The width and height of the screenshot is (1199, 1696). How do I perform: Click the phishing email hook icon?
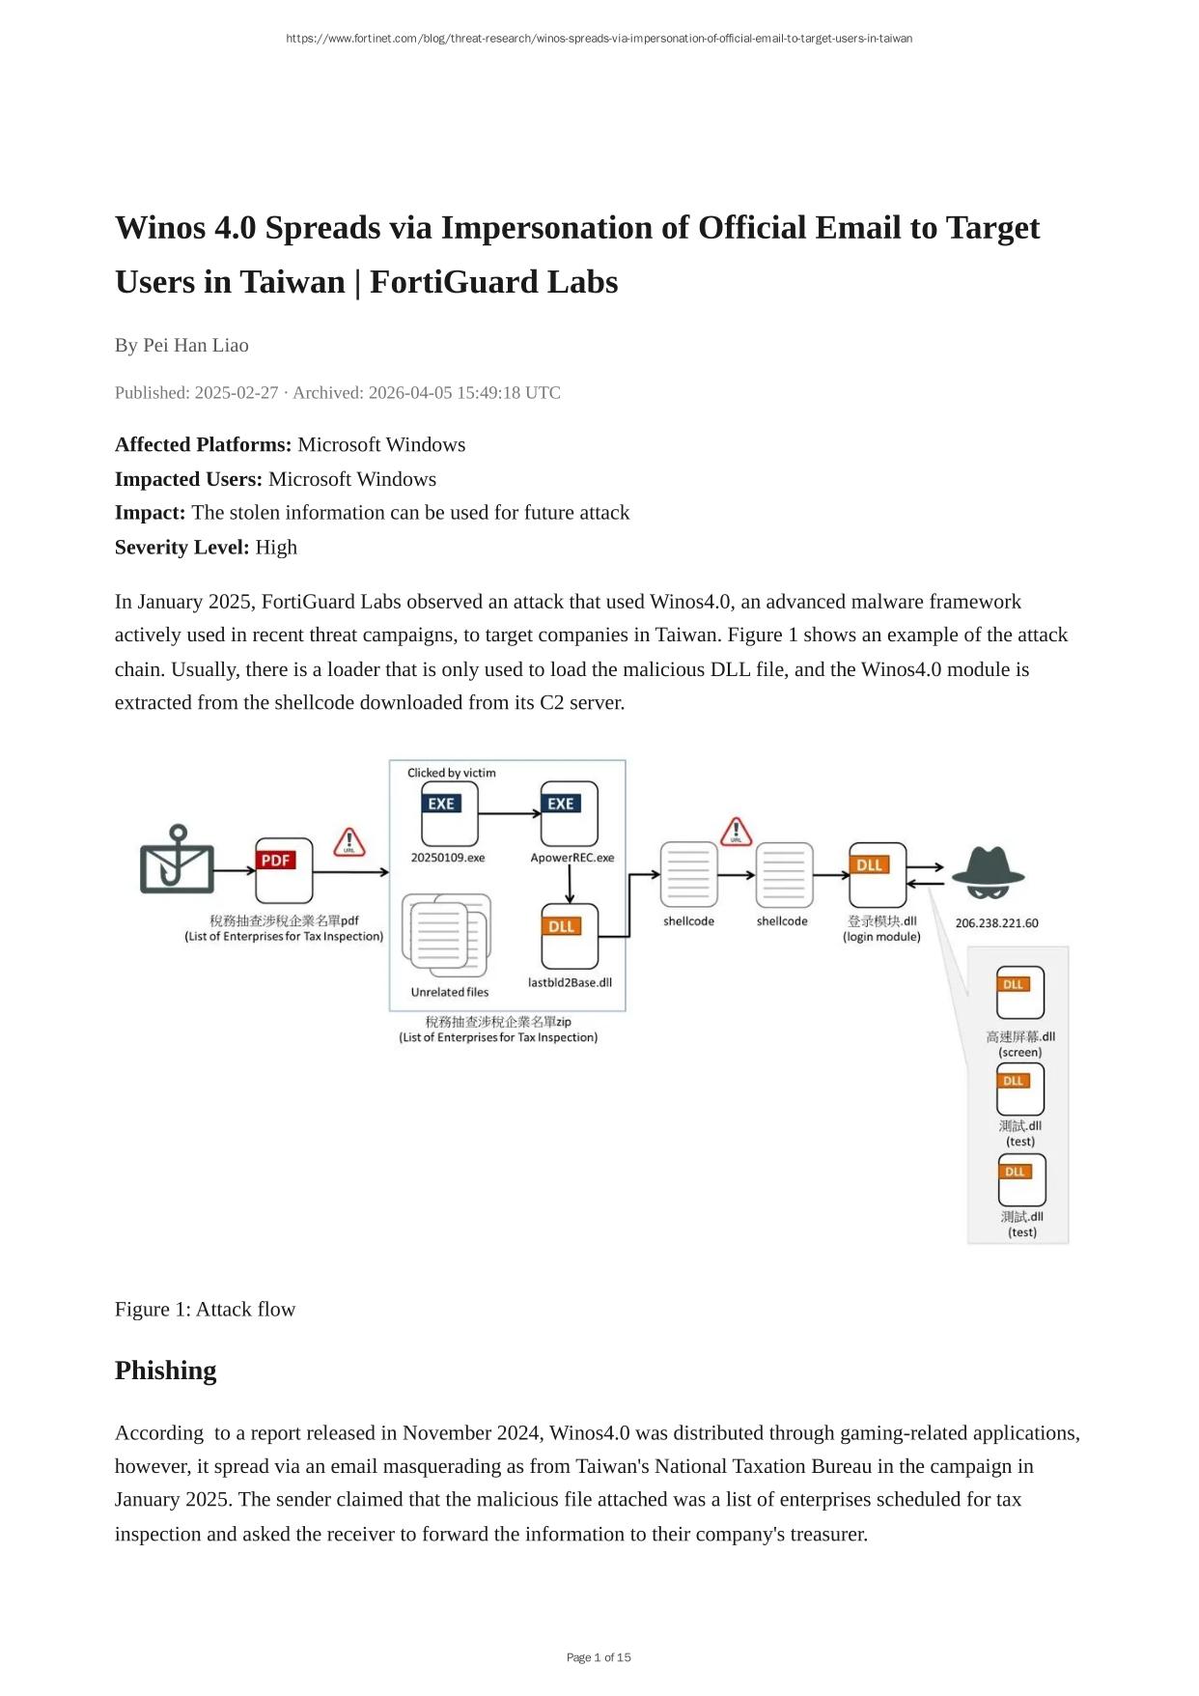(x=177, y=860)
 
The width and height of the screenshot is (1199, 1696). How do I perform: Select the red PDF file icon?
(x=284, y=869)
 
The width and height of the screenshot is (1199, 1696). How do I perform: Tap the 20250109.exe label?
(x=448, y=858)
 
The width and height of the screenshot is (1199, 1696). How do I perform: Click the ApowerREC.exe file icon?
(x=570, y=813)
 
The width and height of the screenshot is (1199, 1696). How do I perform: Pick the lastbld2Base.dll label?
(x=570, y=983)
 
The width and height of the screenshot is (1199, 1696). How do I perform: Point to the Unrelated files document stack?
(x=449, y=935)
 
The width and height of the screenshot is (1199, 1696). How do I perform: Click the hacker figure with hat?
(x=988, y=870)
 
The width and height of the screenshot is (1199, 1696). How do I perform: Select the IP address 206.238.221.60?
(x=996, y=923)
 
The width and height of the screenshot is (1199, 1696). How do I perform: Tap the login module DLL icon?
(x=878, y=874)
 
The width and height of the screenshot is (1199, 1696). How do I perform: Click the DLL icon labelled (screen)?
(x=1019, y=992)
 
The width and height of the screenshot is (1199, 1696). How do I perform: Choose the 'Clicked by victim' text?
(x=451, y=773)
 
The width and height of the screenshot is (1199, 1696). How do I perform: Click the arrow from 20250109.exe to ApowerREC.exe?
(x=510, y=814)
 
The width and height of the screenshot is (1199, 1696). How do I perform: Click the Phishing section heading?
(x=165, y=1371)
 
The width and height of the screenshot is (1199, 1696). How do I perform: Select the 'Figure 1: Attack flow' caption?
(x=205, y=1309)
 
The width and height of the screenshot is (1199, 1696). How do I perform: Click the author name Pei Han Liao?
(x=196, y=346)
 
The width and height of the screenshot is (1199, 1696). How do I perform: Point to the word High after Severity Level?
(x=276, y=548)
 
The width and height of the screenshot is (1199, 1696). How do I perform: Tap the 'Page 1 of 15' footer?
(x=599, y=1657)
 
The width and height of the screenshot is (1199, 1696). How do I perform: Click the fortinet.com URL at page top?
(x=599, y=39)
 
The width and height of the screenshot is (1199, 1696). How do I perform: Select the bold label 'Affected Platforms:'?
(x=203, y=445)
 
